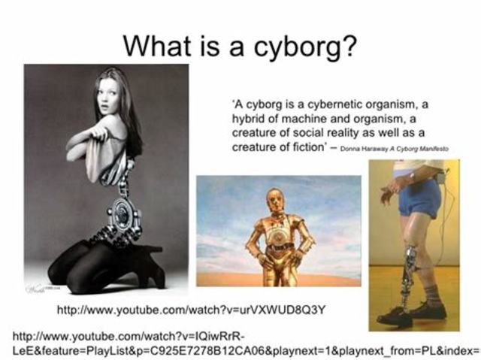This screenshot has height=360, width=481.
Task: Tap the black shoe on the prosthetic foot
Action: point(394,315)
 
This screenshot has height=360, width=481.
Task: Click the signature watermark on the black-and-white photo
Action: point(38,287)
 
